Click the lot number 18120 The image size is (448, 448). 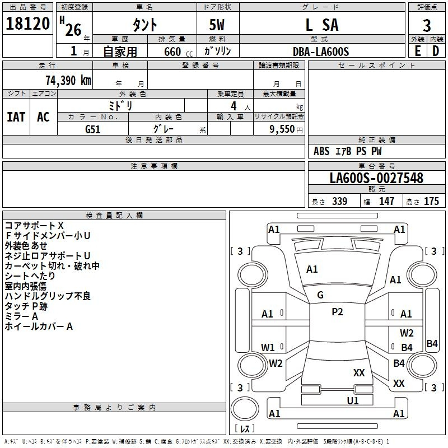[x=27, y=24]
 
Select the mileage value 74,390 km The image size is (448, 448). [x=68, y=81]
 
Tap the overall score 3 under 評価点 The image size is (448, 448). [x=427, y=26]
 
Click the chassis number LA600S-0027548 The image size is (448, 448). [x=376, y=178]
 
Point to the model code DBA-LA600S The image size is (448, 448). [x=321, y=52]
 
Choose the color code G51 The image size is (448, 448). [x=92, y=129]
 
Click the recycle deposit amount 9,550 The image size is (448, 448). [x=282, y=129]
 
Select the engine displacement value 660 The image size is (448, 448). [x=172, y=52]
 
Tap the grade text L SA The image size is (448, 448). [x=322, y=25]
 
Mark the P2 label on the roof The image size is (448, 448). [x=337, y=312]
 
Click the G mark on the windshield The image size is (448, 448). [x=320, y=295]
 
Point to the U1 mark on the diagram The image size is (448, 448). [x=353, y=400]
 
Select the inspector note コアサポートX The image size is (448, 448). [x=34, y=226]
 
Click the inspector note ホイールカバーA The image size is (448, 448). [x=39, y=326]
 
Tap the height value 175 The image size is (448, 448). [x=431, y=201]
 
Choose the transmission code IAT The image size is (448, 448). [x=16, y=117]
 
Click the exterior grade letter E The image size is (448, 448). [x=417, y=51]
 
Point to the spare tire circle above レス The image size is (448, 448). [x=245, y=409]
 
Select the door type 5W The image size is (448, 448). [x=217, y=25]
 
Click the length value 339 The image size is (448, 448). [x=339, y=201]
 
